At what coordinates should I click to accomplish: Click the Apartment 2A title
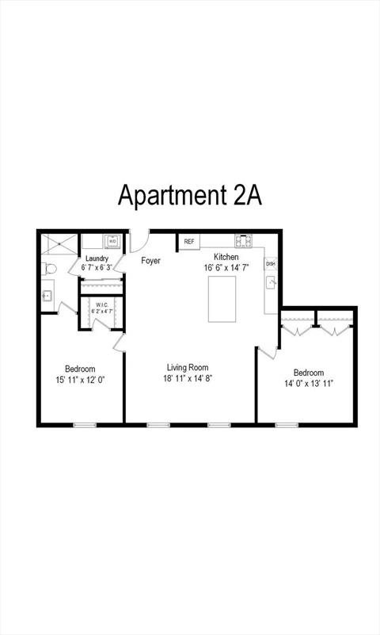pos(190,195)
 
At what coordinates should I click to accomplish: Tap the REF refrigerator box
pos(189,242)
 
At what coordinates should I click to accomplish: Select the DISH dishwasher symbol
pos(271,264)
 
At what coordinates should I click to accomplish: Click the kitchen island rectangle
pos(222,299)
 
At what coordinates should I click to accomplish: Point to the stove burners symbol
pos(244,241)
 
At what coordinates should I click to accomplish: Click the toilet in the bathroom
pos(48,269)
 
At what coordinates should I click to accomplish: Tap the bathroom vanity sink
pos(47,296)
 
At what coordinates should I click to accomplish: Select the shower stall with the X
pos(59,244)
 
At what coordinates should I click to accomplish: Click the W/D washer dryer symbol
pos(112,241)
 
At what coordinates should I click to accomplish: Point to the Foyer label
pos(150,260)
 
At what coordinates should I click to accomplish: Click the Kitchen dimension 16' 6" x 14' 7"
pos(226,267)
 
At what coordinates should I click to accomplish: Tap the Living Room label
pos(188,367)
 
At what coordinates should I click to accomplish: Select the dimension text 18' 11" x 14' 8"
pos(187,378)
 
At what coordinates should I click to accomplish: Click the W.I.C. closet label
pos(101,304)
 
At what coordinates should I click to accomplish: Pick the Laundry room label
pos(97,258)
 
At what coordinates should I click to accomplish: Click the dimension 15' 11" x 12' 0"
pos(81,380)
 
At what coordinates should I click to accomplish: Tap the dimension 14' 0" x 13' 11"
pos(309,384)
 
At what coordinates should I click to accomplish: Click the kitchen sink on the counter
pos(271,282)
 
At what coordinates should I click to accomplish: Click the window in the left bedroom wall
pos(85,425)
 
